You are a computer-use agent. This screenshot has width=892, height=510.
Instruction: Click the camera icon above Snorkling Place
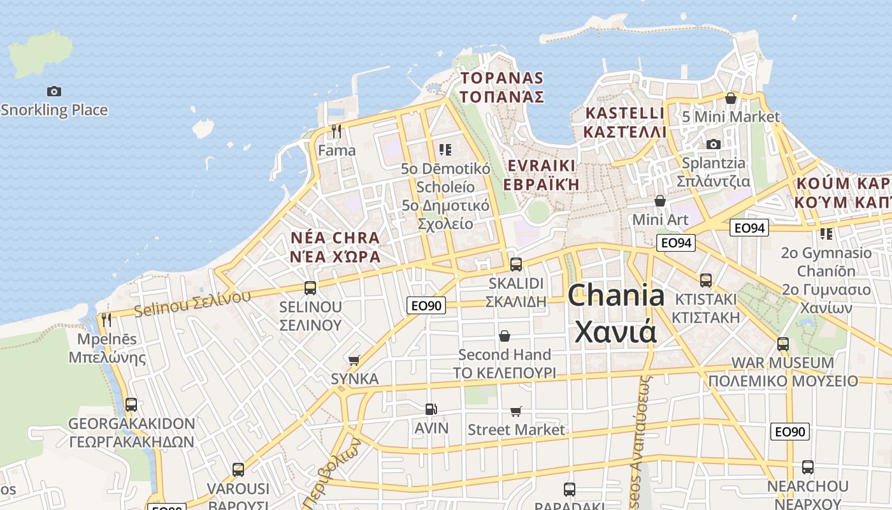[x=54, y=91]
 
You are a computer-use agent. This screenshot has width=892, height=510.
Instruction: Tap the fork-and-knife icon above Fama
[x=336, y=131]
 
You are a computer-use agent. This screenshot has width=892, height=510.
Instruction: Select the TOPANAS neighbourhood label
[x=502, y=87]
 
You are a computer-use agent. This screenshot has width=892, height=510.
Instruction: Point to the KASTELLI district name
[x=624, y=122]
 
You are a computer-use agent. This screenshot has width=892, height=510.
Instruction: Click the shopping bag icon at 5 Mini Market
[x=730, y=98]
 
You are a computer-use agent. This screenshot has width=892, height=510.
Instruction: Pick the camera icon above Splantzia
[x=714, y=144]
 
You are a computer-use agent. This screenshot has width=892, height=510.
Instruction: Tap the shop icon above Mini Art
[x=660, y=201]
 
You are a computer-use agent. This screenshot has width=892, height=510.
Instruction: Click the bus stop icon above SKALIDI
[x=516, y=264]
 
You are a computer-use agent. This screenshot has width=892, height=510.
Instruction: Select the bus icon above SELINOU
[x=310, y=288]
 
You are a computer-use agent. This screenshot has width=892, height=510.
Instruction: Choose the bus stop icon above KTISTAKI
[x=705, y=280]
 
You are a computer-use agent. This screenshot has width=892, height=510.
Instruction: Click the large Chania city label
[x=615, y=313]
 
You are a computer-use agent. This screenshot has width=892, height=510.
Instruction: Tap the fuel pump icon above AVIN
[x=431, y=409]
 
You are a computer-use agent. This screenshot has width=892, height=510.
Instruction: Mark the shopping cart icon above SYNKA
[x=354, y=360]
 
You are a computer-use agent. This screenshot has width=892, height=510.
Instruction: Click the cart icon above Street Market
[x=516, y=412]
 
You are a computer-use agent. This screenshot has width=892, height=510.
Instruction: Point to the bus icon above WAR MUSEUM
[x=783, y=344]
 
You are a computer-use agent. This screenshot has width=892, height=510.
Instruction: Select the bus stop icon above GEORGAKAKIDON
[x=131, y=404]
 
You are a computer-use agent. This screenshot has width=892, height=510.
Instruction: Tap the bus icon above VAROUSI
[x=238, y=470]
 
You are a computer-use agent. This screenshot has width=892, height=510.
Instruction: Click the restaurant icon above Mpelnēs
[x=106, y=319]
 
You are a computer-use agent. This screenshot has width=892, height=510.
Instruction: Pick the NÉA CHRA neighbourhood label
[x=335, y=247]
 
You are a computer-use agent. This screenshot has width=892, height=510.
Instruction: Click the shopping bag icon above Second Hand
[x=505, y=335]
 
